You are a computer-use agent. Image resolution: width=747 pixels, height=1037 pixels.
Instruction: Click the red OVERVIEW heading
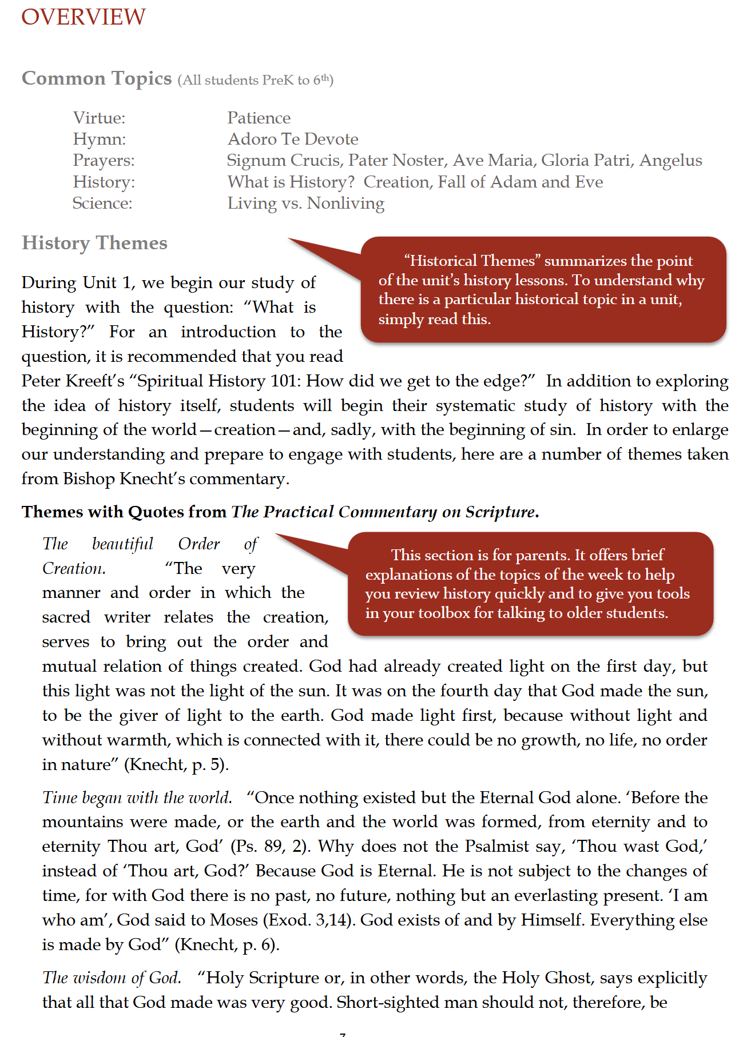84,17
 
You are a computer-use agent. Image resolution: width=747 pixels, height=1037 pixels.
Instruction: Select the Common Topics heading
97,78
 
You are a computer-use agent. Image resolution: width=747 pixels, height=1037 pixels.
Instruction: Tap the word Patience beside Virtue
259,118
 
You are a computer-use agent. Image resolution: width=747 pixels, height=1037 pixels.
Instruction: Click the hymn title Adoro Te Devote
293,139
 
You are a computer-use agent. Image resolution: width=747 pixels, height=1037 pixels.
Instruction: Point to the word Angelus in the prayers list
670,161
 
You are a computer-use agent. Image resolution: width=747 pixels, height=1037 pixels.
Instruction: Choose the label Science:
102,204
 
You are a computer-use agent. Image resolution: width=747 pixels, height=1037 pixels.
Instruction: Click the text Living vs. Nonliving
305,204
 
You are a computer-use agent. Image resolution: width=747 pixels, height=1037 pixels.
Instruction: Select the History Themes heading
94,243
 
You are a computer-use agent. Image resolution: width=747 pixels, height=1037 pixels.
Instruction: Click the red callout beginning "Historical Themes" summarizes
542,290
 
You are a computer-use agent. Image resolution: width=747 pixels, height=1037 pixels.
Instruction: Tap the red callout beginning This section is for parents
529,584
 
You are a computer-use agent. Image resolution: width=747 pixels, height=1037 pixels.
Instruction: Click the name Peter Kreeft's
73,381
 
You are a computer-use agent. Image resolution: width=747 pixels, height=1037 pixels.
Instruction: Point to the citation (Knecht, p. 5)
176,765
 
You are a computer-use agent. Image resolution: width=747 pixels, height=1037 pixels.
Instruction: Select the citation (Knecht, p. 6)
227,945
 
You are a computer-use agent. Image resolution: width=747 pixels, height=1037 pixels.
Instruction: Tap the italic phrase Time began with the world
137,797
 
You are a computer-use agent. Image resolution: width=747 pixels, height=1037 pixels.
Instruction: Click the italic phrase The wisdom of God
112,978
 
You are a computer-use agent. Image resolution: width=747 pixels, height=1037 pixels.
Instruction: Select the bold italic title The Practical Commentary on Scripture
384,512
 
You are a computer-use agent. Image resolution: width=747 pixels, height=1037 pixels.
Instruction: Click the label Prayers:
104,161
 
